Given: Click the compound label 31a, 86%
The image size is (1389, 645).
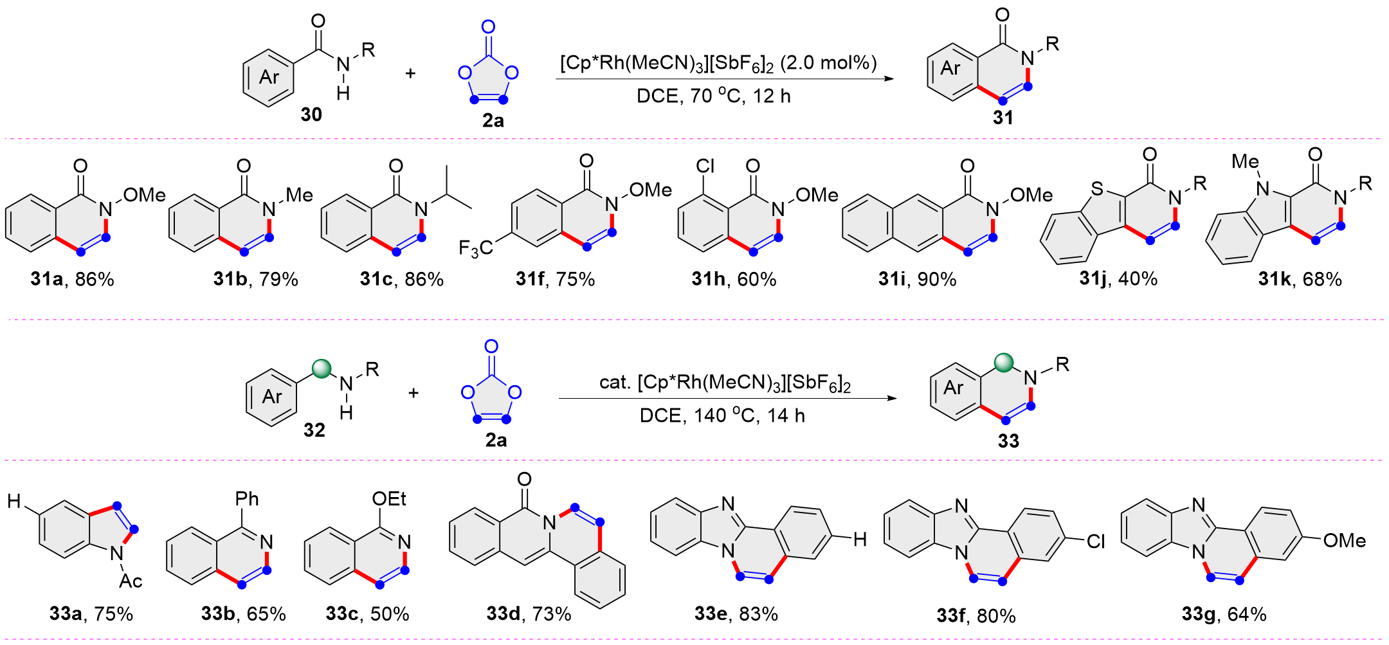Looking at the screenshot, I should [x=72, y=279].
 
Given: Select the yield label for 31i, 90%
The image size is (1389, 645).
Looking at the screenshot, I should [x=917, y=279].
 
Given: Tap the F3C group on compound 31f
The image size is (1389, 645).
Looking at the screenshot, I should [x=475, y=248].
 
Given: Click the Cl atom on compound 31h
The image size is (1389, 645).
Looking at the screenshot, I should [x=705, y=166].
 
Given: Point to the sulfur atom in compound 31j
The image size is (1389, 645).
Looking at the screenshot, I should [x=1097, y=188].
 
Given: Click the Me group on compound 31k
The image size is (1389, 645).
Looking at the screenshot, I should [x=1245, y=161].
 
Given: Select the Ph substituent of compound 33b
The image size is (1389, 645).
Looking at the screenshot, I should [x=247, y=499].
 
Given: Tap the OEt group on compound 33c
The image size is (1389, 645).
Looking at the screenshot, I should [x=389, y=499].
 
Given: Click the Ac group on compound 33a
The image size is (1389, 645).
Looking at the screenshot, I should [x=131, y=581].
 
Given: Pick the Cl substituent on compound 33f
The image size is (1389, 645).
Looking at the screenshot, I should [x=1096, y=541].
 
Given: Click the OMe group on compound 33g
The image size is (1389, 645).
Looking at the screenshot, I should [x=1344, y=541].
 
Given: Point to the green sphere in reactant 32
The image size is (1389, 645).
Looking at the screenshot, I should [x=322, y=368].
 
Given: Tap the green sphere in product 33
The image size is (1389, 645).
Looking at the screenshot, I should [x=1004, y=363].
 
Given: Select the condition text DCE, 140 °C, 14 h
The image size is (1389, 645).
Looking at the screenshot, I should [x=722, y=416].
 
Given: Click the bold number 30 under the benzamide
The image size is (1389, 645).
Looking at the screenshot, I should [x=311, y=114].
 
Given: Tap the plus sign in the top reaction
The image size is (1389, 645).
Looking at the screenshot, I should [x=410, y=73].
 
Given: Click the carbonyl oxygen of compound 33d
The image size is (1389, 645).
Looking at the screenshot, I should [x=524, y=479].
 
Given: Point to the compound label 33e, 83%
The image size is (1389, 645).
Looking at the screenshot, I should [x=736, y=614].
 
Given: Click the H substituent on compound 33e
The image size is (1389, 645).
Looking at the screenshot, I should [x=860, y=540].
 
